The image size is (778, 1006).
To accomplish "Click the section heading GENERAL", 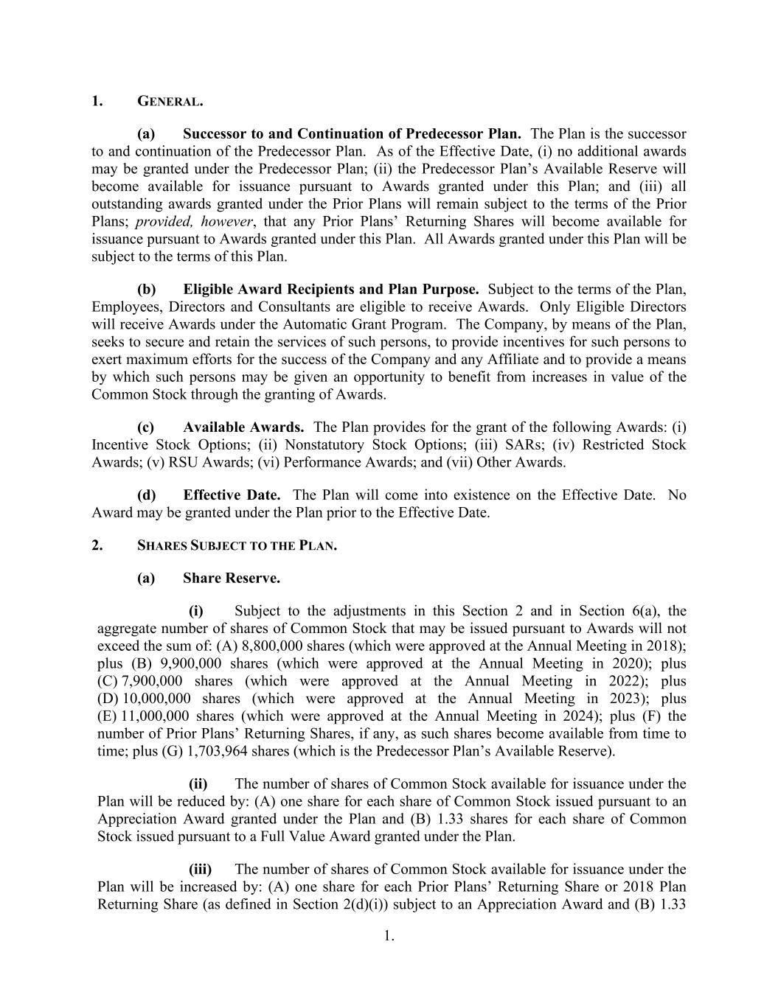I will point(170,102).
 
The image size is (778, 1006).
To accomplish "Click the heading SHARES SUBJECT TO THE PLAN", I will point(237,546).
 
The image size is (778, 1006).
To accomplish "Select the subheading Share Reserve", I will point(232,579).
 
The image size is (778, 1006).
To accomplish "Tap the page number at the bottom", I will point(389,937).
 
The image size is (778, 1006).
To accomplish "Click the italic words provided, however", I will point(195,222).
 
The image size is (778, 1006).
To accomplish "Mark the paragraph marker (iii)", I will point(200,870).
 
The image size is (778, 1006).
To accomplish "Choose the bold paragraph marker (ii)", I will point(198,784).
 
